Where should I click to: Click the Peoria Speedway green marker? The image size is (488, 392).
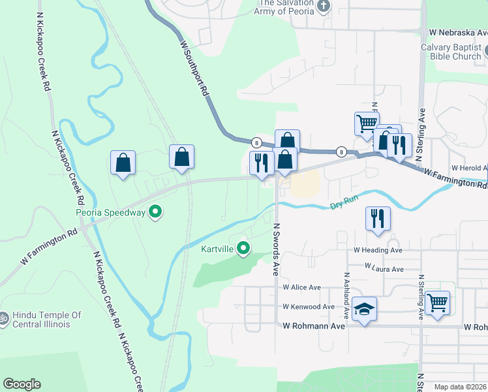point(155,212)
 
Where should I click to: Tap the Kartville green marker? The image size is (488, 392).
point(244,248)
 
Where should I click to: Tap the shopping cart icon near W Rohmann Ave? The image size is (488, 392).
point(437,302)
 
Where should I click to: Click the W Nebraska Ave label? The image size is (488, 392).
point(457,32)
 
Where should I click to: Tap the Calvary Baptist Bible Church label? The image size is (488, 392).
point(451,52)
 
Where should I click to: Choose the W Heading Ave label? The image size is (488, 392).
point(378,250)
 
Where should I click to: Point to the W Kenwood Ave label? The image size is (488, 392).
point(309,306)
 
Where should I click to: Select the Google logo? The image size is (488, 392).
point(22,384)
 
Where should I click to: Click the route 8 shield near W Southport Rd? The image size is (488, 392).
point(257,142)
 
